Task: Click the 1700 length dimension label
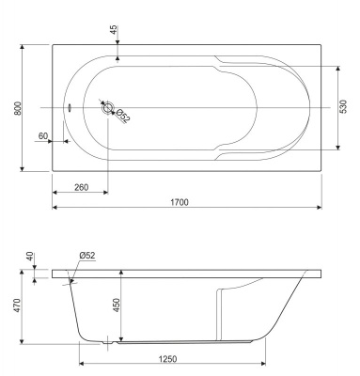(x=180, y=202)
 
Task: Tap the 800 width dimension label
(x=18, y=108)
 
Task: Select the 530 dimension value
(x=343, y=106)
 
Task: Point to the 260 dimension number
(x=82, y=187)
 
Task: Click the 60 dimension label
(x=43, y=136)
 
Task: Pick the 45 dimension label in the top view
(x=114, y=29)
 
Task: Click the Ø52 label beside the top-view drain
(x=122, y=116)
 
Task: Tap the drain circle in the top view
(x=108, y=107)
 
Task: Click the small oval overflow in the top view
(x=70, y=107)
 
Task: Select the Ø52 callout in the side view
(x=87, y=256)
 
